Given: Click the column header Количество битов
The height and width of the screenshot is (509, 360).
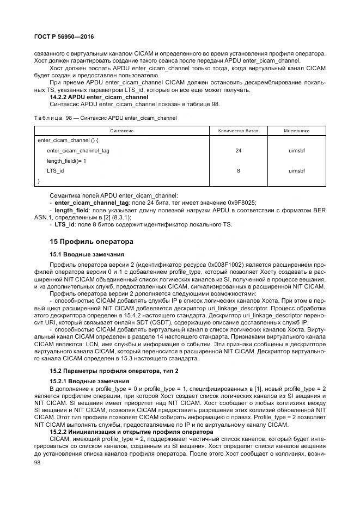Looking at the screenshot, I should click(238, 131).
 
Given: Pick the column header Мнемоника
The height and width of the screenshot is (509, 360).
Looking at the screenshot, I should click(297, 131).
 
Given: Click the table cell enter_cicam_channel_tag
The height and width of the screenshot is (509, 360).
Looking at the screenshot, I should click(78, 150).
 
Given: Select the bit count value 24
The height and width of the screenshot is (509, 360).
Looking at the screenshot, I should click(238, 150).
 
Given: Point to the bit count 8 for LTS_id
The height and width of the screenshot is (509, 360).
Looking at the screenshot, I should click(238, 170).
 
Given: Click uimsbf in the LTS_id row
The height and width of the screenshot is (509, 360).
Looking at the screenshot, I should click(297, 170).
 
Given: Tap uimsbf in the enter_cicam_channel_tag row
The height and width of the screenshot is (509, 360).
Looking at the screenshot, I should click(297, 150).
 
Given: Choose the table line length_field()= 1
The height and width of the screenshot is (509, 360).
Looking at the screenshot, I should click(66, 161).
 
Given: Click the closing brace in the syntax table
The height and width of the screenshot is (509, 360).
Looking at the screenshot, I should click(39, 180).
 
